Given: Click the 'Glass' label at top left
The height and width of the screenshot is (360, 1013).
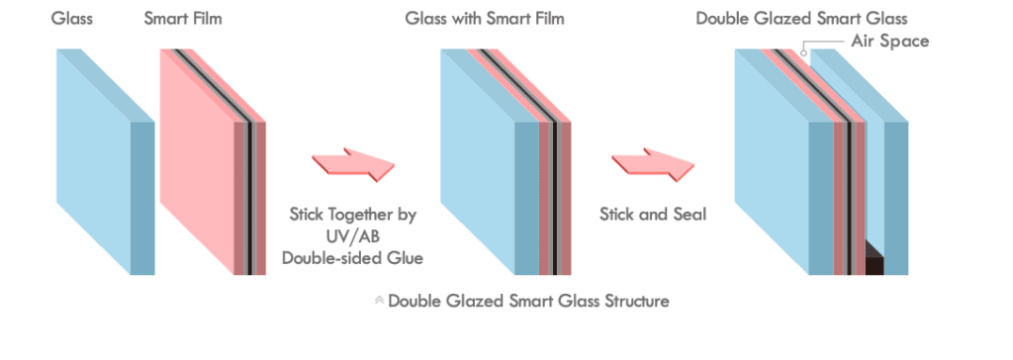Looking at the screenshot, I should point(71,19).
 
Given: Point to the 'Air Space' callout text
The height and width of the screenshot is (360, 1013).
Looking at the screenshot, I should point(889,42).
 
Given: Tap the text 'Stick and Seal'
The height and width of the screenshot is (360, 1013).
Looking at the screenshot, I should point(653,214).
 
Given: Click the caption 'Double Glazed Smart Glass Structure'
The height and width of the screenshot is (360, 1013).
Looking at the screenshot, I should point(528,301).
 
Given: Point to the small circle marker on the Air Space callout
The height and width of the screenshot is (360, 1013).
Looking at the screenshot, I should point(806,52).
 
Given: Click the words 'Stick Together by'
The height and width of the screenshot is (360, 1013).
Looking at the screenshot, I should point(353,214).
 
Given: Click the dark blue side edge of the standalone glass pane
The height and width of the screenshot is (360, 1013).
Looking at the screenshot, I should point(143,198).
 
